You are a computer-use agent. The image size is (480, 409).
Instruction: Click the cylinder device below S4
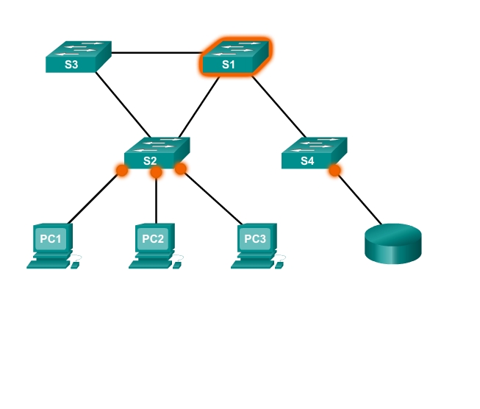point(393,243)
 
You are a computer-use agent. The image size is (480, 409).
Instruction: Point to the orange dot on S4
point(334,171)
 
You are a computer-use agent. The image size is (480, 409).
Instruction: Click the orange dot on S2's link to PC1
point(122,171)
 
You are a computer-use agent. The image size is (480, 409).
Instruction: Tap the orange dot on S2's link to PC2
point(156,173)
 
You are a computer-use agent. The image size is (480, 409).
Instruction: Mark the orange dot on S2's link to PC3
point(180,168)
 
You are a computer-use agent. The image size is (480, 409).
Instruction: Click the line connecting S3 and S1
point(156,53)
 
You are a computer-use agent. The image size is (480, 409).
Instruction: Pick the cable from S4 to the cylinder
point(359,198)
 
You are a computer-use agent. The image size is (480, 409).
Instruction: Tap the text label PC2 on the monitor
point(153,239)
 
